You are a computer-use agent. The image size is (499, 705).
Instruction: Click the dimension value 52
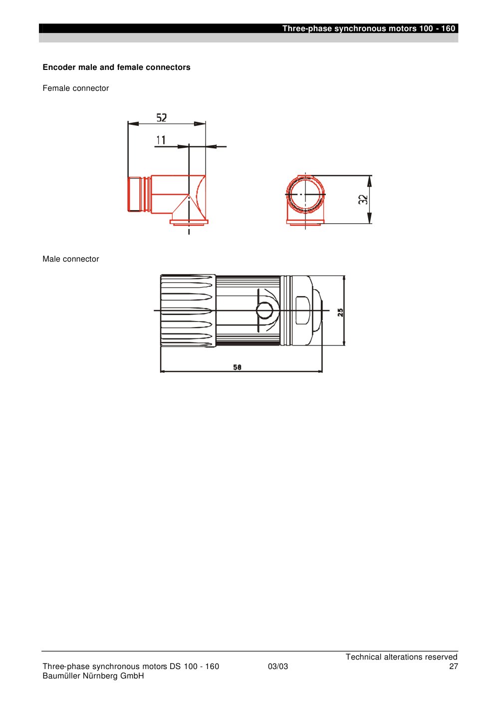[x=161, y=118]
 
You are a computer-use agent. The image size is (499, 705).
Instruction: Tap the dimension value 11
[x=161, y=140]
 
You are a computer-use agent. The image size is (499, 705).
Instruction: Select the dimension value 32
[x=363, y=199]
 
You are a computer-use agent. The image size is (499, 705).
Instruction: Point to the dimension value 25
[x=340, y=312]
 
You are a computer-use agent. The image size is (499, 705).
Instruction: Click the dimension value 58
[x=237, y=367]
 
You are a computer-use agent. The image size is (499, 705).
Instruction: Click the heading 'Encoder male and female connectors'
[x=116, y=67]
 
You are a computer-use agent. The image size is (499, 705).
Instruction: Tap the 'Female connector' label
[x=75, y=88]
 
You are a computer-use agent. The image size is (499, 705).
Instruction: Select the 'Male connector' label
[x=71, y=259]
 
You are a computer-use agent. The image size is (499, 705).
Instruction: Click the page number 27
[x=454, y=666]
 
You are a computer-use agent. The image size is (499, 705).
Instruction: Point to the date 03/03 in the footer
[x=278, y=666]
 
